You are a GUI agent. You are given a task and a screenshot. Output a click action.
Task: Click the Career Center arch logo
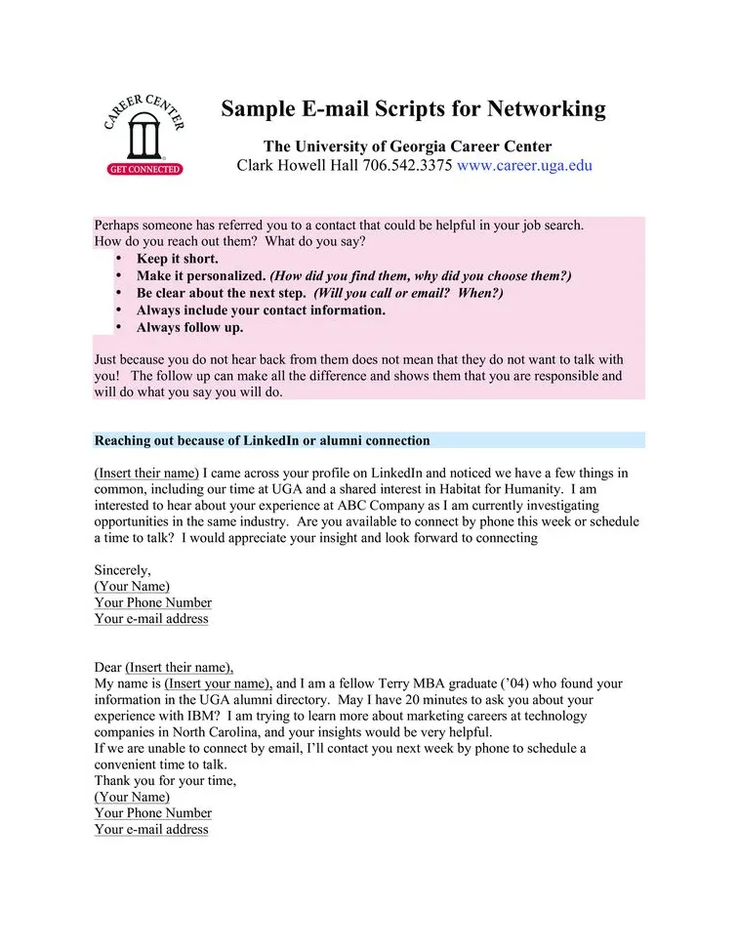tap(143, 132)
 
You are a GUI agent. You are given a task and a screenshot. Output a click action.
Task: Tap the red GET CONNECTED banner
tap(143, 169)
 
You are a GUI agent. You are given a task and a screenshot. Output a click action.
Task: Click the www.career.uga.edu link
tap(524, 165)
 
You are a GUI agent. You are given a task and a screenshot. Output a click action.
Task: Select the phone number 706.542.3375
tap(407, 165)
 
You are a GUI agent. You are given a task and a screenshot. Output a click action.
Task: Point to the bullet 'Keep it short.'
tap(177, 259)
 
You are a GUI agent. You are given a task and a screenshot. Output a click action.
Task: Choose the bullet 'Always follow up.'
tap(189, 327)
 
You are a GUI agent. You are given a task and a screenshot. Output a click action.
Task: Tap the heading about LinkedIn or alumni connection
tap(262, 440)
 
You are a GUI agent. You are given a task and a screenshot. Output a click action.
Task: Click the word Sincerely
tap(122, 570)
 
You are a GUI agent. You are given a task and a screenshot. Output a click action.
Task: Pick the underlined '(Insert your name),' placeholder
tap(219, 683)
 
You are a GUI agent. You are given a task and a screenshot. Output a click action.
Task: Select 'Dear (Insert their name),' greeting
tap(163, 668)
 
